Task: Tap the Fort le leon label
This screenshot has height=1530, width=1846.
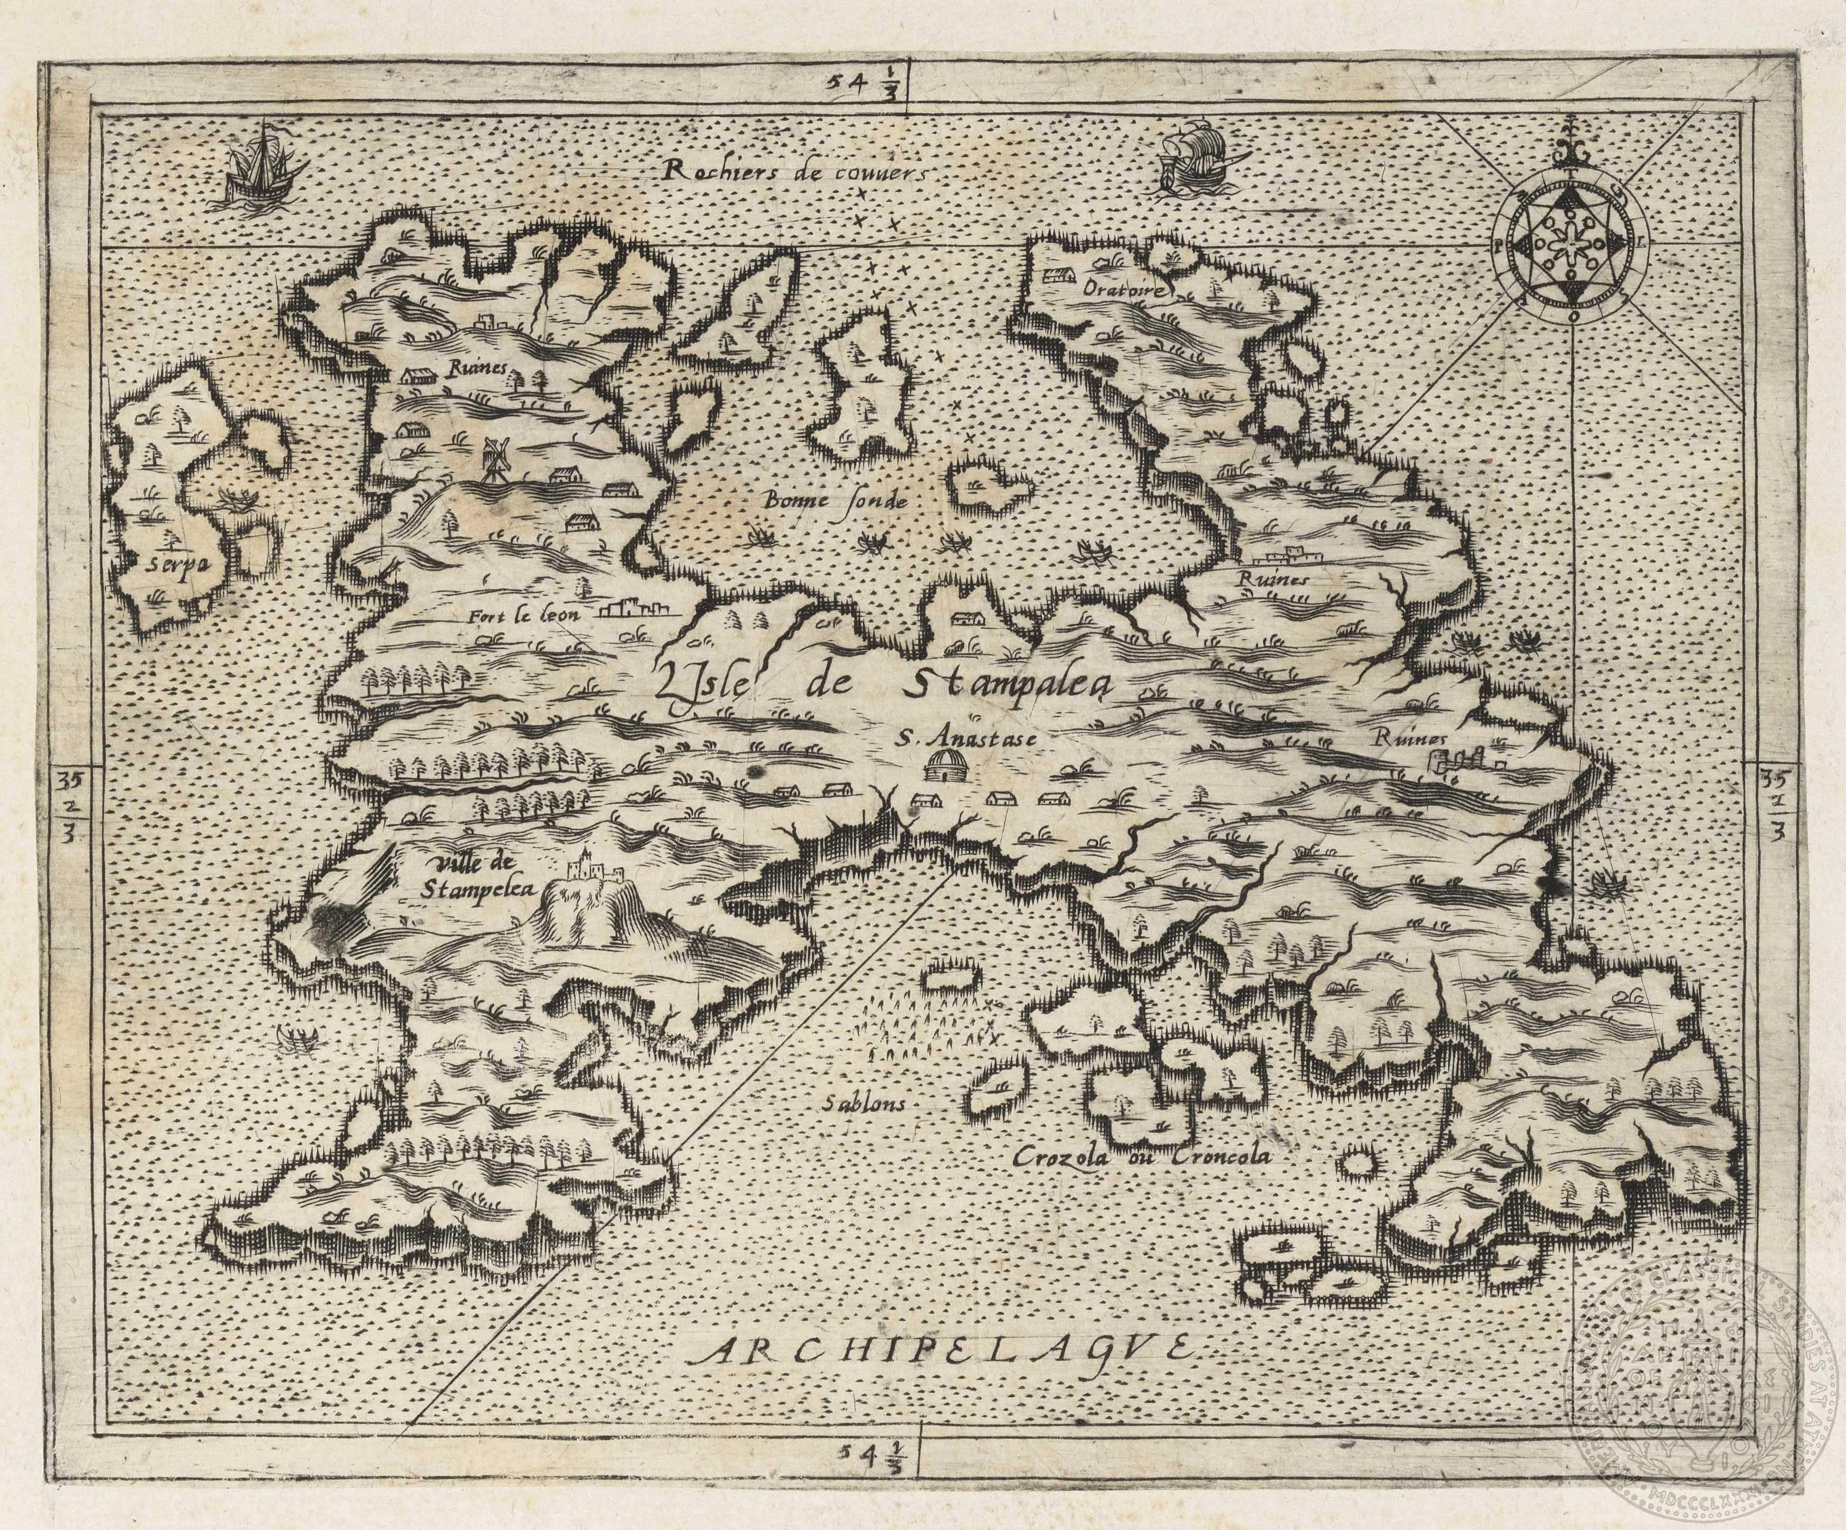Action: (526, 615)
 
